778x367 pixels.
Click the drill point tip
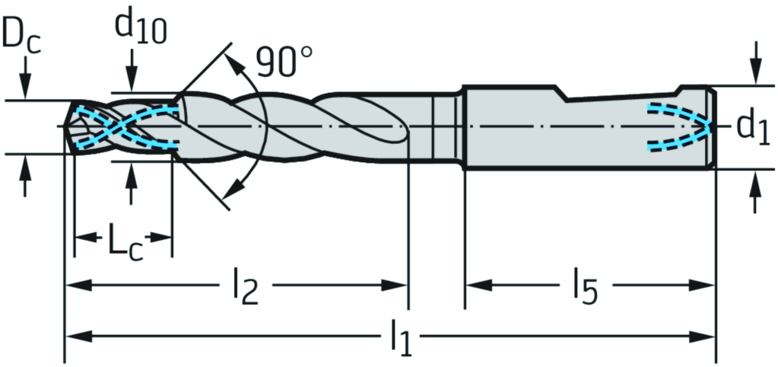click(65, 124)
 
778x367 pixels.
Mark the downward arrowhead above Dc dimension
click(26, 90)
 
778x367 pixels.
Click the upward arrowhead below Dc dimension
click(26, 165)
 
